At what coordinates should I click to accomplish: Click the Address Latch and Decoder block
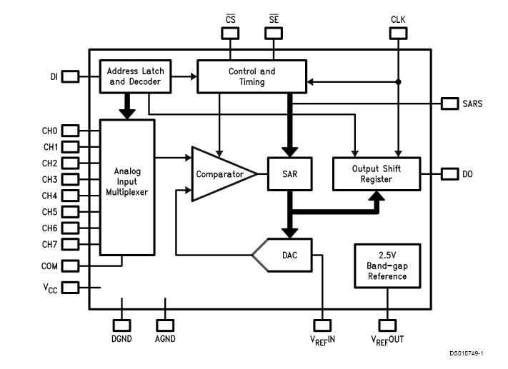(x=136, y=76)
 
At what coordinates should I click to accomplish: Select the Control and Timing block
(x=251, y=76)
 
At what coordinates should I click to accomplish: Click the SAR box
(x=290, y=174)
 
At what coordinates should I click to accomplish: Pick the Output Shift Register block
(x=377, y=174)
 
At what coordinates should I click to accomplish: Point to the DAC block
(x=286, y=255)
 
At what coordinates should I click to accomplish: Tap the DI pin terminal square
(x=71, y=76)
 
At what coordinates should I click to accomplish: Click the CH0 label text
(x=49, y=131)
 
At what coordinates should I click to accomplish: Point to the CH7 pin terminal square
(x=70, y=244)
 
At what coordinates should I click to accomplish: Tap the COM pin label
(x=50, y=266)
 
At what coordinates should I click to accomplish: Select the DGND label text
(x=123, y=339)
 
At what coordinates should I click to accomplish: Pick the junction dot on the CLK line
(x=398, y=82)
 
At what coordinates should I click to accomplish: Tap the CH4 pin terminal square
(x=70, y=196)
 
